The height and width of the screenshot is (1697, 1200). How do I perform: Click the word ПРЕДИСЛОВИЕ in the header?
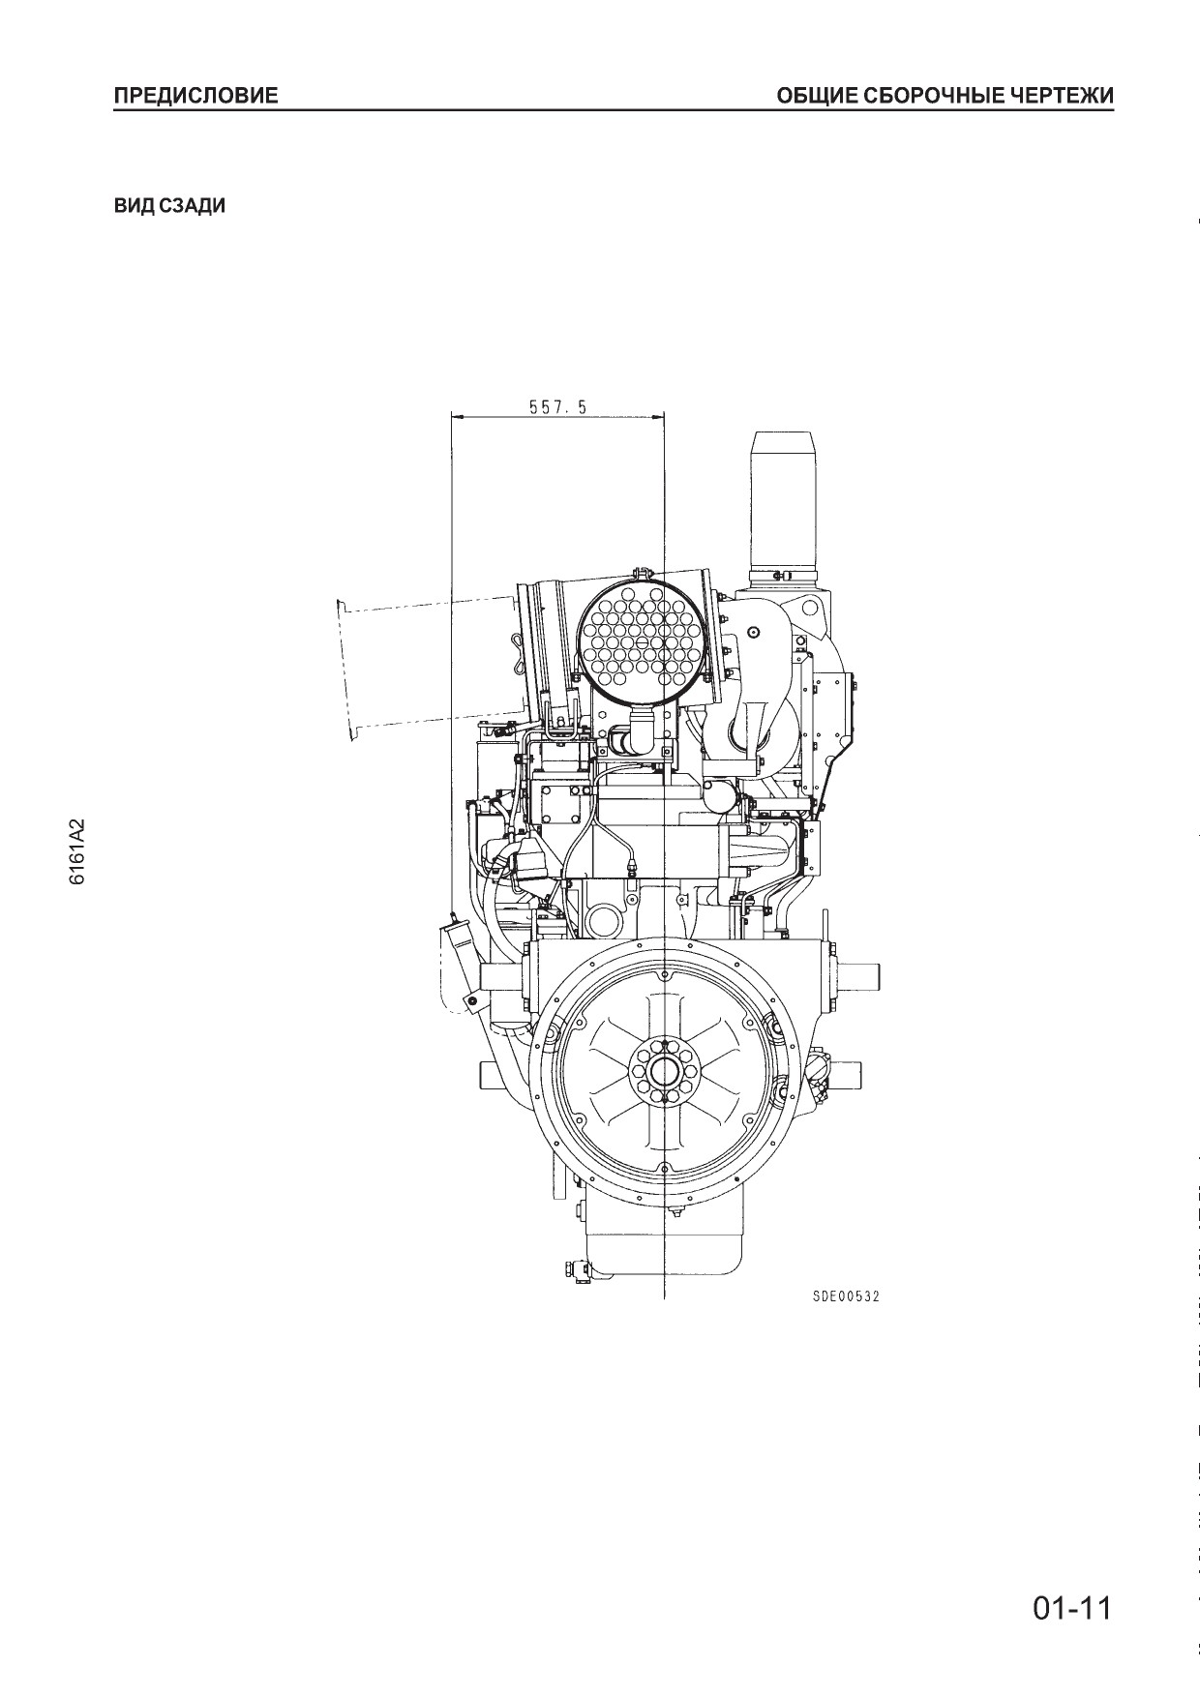pos(195,96)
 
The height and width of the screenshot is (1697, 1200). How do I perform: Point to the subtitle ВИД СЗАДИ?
pos(169,206)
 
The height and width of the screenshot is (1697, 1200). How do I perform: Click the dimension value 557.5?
pos(557,407)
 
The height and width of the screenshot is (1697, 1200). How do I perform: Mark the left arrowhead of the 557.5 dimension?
pos(460,418)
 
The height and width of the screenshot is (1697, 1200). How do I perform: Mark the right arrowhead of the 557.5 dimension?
pos(656,418)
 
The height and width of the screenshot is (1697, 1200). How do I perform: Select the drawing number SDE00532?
pos(846,1296)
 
